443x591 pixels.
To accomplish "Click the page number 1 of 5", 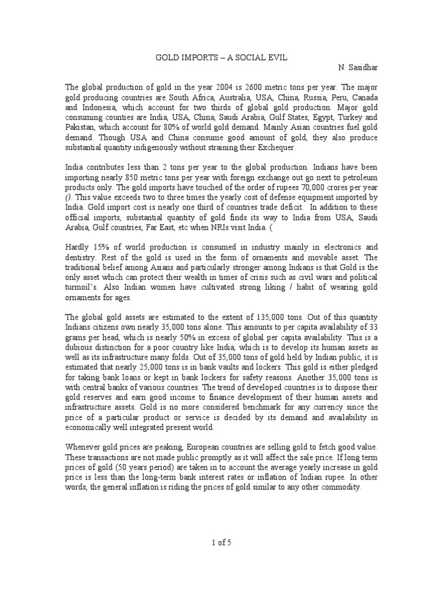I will click(221, 542).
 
